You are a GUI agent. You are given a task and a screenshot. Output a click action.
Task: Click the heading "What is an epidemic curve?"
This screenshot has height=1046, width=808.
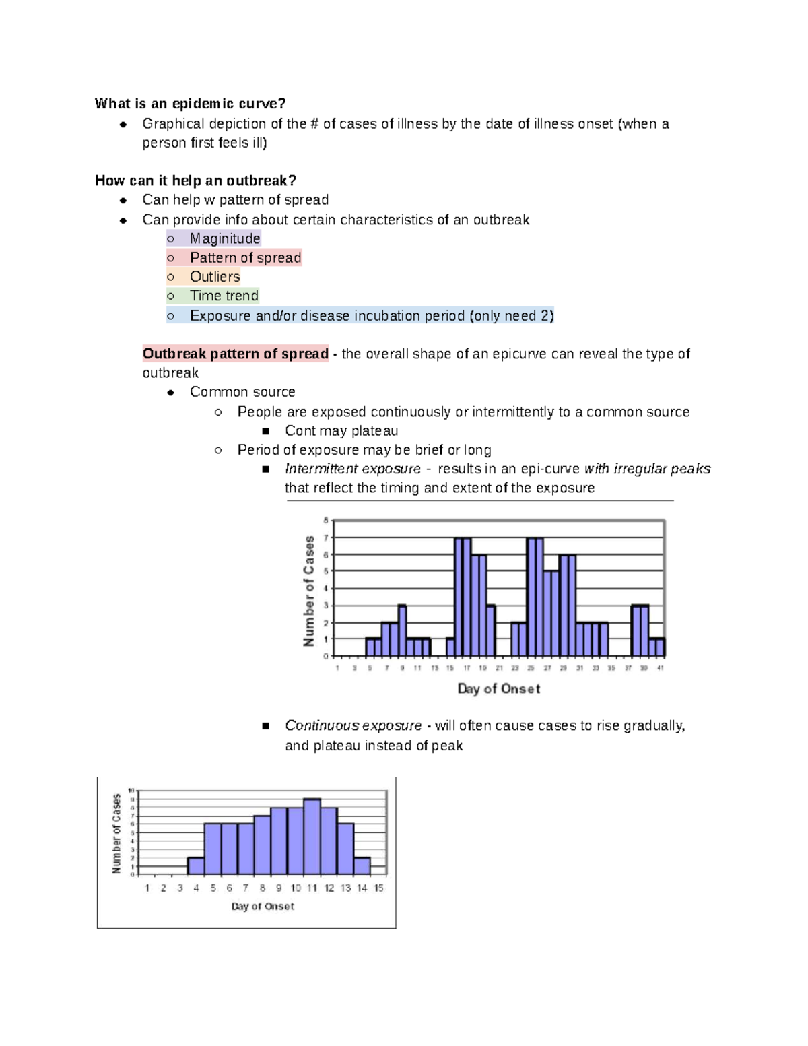(x=190, y=104)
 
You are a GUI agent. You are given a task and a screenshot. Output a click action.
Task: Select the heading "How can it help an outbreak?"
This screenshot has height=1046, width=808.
(x=195, y=181)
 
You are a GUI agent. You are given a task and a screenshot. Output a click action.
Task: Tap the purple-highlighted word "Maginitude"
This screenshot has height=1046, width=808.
(x=225, y=238)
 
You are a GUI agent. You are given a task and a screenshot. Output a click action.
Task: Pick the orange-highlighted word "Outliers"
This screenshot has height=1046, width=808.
(x=215, y=277)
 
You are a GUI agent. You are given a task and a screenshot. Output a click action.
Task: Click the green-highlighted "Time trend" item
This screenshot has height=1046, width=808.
(x=224, y=296)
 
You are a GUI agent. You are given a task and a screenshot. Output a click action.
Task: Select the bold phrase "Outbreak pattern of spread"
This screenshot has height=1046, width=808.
(x=235, y=354)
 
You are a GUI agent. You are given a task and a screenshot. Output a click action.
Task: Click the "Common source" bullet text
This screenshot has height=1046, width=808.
(x=242, y=392)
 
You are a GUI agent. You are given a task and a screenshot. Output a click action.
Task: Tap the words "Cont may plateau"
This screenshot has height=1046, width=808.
(x=341, y=431)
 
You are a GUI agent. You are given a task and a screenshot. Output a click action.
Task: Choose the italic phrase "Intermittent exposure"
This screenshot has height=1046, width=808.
(x=352, y=469)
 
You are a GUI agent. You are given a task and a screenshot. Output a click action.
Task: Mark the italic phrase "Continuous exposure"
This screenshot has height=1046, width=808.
(x=353, y=725)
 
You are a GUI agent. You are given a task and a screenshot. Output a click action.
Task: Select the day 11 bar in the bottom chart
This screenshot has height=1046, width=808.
(x=312, y=837)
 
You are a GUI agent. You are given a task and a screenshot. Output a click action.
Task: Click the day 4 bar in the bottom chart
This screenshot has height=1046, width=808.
(x=196, y=865)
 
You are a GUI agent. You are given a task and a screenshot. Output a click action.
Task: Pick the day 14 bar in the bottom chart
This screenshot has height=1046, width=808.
(x=362, y=865)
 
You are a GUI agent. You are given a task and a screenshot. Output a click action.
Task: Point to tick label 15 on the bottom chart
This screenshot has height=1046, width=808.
(x=379, y=888)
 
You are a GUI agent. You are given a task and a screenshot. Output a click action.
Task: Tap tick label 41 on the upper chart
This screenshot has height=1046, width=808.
(x=661, y=668)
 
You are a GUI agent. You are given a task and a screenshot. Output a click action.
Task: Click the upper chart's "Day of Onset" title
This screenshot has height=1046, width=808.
(x=498, y=688)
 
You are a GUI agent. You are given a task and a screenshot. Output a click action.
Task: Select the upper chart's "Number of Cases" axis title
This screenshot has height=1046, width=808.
(x=309, y=591)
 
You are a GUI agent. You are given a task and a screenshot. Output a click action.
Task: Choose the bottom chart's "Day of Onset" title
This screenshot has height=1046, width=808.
(x=263, y=907)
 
